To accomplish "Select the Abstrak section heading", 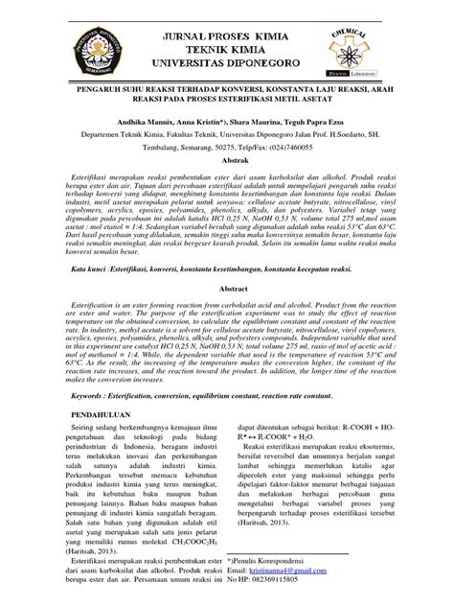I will pyautogui.click(x=226, y=163).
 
